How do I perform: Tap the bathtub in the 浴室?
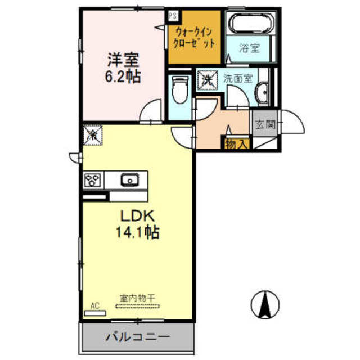(x=253, y=23)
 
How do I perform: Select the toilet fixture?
(x=180, y=90)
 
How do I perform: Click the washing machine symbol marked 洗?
(x=208, y=80)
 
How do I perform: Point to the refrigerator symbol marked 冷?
(x=93, y=135)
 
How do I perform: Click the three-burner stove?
(x=93, y=180)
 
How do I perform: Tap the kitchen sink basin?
(x=130, y=180)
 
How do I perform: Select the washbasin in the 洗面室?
(x=262, y=93)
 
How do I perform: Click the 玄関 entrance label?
(x=265, y=125)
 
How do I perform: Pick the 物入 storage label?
(x=237, y=145)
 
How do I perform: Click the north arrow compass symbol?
(x=265, y=305)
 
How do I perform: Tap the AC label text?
(x=95, y=305)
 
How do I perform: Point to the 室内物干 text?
(x=137, y=298)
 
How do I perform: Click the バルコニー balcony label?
(x=138, y=337)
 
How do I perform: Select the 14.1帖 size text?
(x=137, y=232)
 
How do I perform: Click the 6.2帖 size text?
(x=123, y=76)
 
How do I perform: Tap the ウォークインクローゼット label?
(x=194, y=38)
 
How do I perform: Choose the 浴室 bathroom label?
(x=250, y=48)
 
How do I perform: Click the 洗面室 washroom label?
(x=238, y=79)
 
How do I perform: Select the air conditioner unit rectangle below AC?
(x=95, y=313)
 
